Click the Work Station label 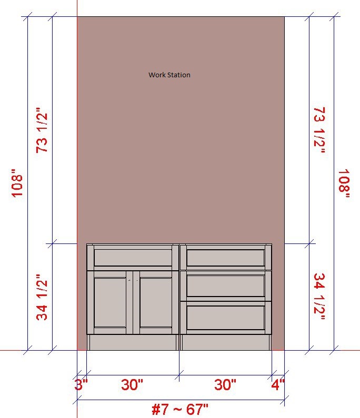coord(169,75)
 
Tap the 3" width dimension coord(81,385)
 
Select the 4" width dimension coord(278,385)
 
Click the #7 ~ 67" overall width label coord(180,409)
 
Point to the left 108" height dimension coord(17,183)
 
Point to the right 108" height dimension coord(344,183)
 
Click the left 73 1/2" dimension coord(42,130)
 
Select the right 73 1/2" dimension coord(319,130)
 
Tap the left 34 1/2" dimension coord(42,297)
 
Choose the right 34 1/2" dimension coord(319,297)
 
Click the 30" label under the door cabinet coord(132,385)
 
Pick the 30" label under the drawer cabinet coord(225,385)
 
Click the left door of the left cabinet coord(110,302)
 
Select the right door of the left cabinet coord(156,302)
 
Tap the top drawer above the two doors coord(133,258)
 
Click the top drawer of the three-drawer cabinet coord(226,258)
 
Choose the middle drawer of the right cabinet coord(226,286)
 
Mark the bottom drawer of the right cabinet coord(226,318)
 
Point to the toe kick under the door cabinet coord(133,342)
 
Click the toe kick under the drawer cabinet coord(226,342)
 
